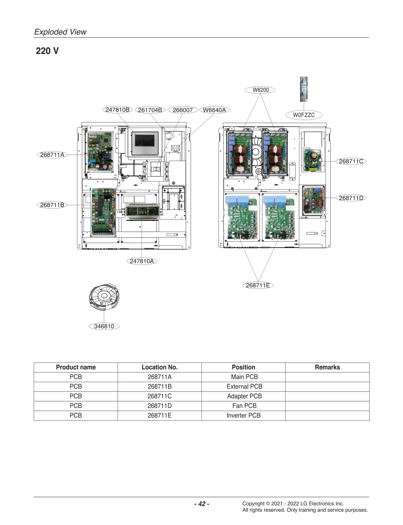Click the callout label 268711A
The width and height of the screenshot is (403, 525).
click(52, 155)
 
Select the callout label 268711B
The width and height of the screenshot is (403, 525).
click(52, 205)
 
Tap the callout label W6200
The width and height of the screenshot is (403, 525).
click(261, 90)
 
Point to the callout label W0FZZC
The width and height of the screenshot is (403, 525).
click(304, 115)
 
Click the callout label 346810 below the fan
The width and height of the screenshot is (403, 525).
click(104, 326)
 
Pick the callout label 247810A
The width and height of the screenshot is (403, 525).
click(142, 261)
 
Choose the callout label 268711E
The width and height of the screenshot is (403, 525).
click(258, 285)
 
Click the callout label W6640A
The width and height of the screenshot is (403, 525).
click(214, 110)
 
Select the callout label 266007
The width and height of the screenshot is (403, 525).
click(183, 110)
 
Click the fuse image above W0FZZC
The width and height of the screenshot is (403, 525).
click(304, 89)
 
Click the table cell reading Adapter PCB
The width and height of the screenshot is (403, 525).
click(244, 396)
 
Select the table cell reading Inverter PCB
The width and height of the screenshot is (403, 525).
click(244, 416)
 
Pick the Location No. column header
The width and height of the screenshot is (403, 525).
click(160, 367)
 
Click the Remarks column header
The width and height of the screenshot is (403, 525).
click(327, 367)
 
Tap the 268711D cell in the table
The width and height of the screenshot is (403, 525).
click(160, 406)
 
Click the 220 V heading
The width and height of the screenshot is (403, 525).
click(47, 51)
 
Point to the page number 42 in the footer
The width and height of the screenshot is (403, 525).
click(202, 504)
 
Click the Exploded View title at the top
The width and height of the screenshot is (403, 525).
click(60, 32)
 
